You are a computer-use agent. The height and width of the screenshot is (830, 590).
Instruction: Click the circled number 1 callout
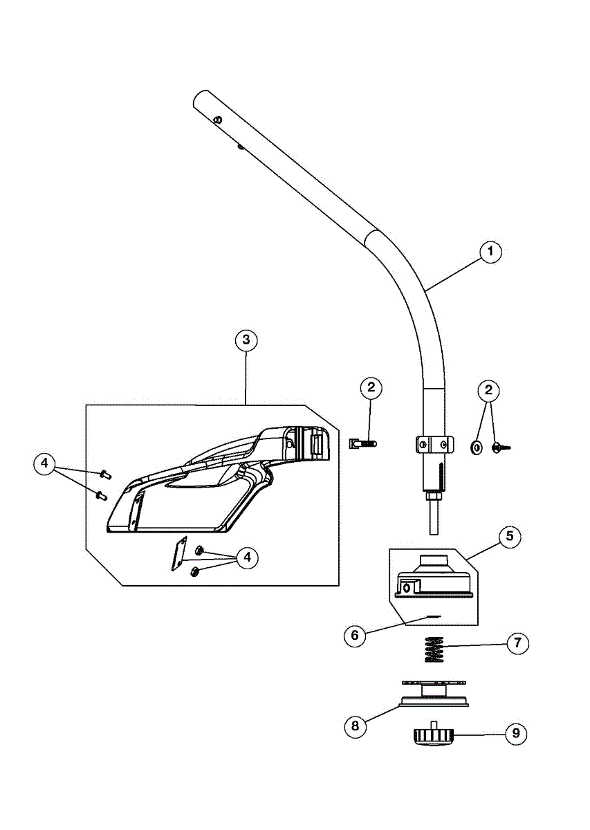point(490,252)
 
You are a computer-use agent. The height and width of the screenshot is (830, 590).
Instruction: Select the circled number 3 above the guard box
point(246,340)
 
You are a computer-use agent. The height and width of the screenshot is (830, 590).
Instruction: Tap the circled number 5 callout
point(510,536)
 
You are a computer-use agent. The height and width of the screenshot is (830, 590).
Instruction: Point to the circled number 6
point(355,636)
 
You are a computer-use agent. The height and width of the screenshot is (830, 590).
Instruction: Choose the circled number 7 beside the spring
point(517,643)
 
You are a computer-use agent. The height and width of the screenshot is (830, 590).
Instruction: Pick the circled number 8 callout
point(356,726)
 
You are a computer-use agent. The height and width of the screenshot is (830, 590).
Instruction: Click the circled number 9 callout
point(516,733)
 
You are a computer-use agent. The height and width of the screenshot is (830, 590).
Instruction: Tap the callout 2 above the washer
point(488,390)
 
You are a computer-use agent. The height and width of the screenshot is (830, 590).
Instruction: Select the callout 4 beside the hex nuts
point(247,557)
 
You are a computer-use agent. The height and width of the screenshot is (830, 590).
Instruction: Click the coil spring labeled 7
point(434,649)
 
